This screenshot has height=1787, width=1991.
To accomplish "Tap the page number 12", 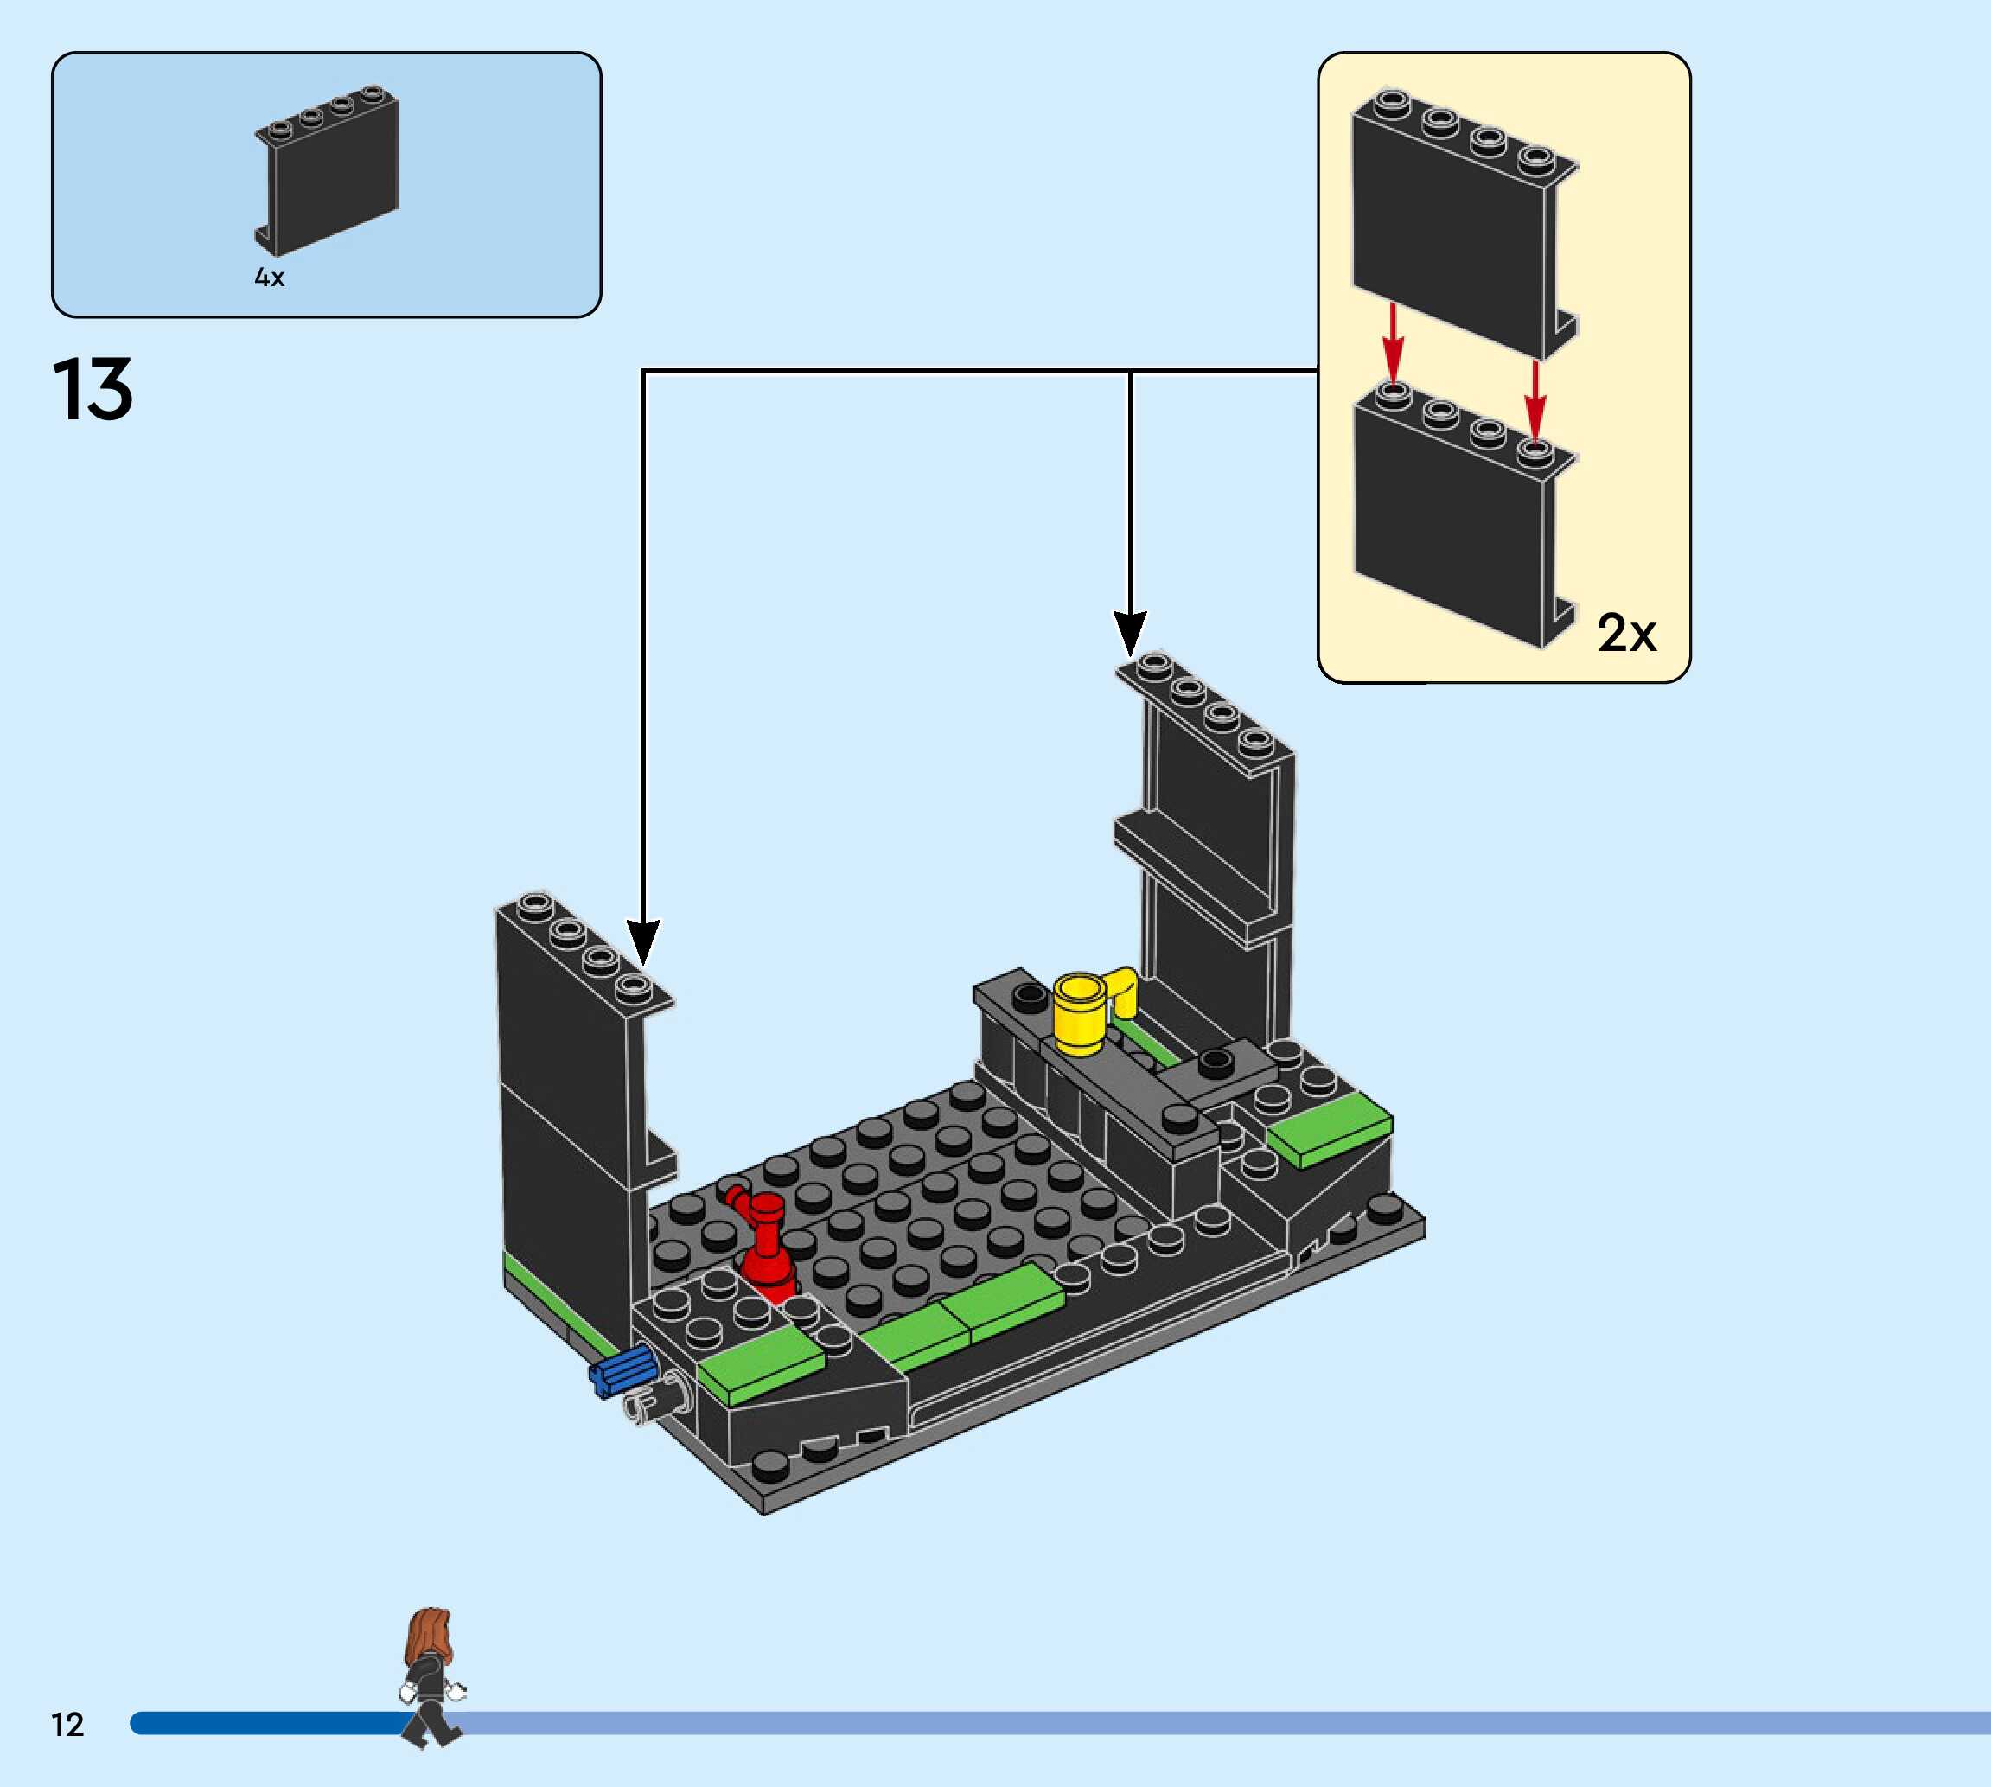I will [67, 1725].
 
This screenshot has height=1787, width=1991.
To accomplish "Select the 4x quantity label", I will [269, 278].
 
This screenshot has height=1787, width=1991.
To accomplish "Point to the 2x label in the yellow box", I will [1626, 634].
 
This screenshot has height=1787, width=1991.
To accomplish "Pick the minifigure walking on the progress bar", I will [431, 1679].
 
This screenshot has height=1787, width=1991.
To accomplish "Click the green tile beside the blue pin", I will [762, 1365].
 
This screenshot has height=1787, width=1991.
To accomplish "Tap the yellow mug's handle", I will [1123, 992].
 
